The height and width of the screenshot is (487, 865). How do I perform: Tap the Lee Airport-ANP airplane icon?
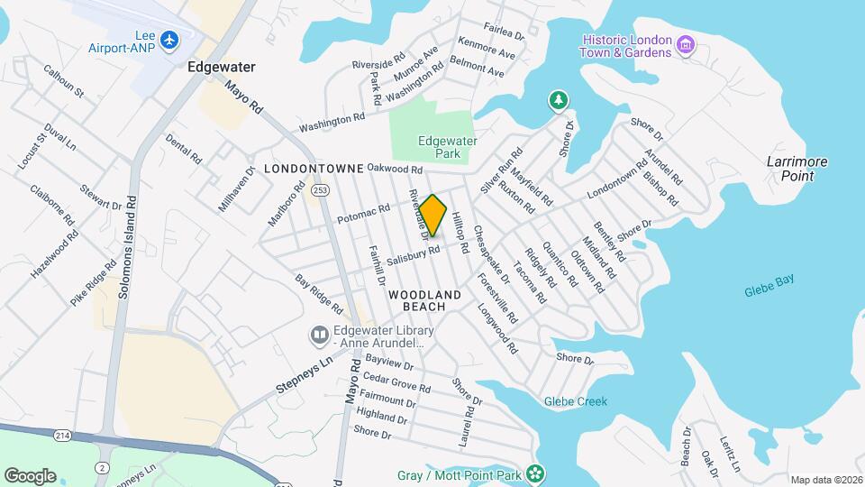click(x=168, y=40)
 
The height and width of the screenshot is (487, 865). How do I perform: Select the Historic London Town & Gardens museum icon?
click(x=685, y=45)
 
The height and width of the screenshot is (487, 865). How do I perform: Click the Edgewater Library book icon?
click(x=318, y=336)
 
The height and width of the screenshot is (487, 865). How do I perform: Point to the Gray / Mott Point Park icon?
click(x=535, y=473)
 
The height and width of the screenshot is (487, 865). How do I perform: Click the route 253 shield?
click(x=319, y=190)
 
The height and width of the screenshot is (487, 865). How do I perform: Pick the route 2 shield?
click(x=103, y=466)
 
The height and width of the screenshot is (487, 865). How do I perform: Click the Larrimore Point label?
click(x=790, y=168)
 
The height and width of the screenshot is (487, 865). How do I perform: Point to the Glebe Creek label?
click(x=576, y=401)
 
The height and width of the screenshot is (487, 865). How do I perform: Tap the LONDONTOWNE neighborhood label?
click(x=314, y=169)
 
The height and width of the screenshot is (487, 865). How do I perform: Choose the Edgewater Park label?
click(x=447, y=146)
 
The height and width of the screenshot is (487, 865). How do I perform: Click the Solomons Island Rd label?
click(x=126, y=247)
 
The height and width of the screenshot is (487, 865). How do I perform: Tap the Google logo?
click(x=30, y=475)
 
